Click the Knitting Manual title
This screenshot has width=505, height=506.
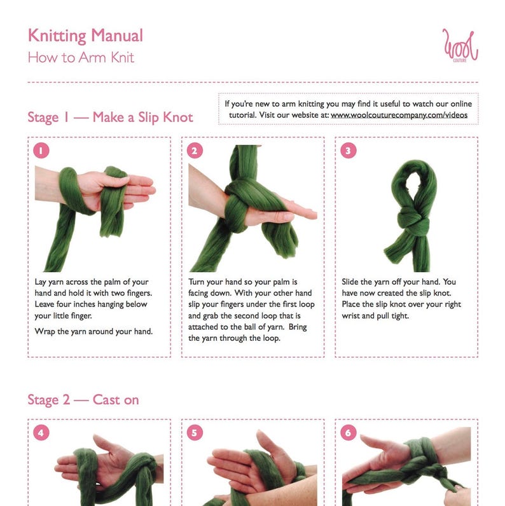pyautogui.click(x=85, y=36)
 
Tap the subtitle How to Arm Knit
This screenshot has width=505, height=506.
pyautogui.click(x=81, y=58)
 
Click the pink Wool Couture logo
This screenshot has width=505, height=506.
pyautogui.click(x=460, y=46)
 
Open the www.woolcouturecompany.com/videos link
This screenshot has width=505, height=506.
pyautogui.click(x=399, y=115)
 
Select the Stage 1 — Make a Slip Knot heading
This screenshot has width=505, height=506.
pyautogui.click(x=110, y=117)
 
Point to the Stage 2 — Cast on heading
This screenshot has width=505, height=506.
pyautogui.click(x=83, y=400)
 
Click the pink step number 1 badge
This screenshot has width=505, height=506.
pyautogui.click(x=41, y=151)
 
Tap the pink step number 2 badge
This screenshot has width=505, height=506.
pyautogui.click(x=195, y=151)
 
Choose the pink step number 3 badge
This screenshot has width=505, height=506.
pyautogui.click(x=349, y=151)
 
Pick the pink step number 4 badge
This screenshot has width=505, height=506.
pyautogui.click(x=41, y=432)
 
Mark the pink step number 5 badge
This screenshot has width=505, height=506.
pyautogui.click(x=195, y=432)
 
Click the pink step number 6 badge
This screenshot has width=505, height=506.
pyautogui.click(x=349, y=432)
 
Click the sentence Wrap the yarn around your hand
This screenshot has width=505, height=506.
pyautogui.click(x=93, y=331)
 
